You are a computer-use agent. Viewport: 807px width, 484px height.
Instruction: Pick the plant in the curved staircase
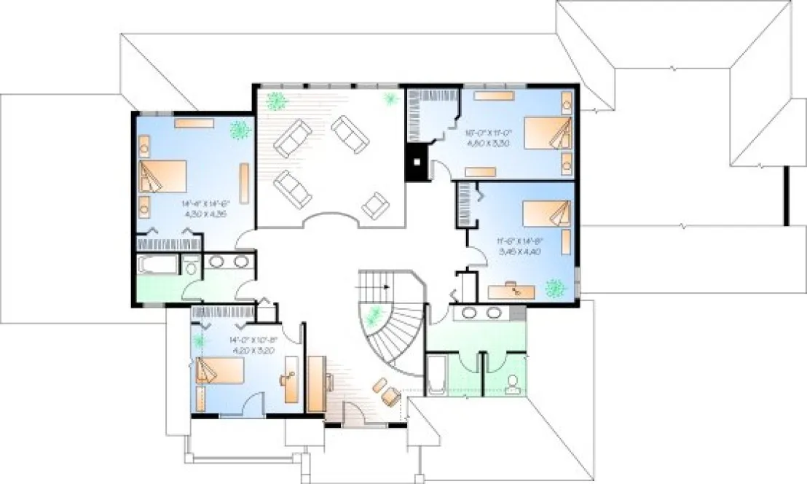[x=375, y=315]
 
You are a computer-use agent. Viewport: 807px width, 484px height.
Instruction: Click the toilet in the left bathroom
[x=191, y=267]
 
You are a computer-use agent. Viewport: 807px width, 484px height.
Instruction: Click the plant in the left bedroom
[x=238, y=130]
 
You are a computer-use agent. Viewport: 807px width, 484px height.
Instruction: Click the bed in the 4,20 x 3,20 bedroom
[x=219, y=370]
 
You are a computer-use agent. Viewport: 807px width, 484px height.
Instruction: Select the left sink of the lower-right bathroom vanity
[x=471, y=313]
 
